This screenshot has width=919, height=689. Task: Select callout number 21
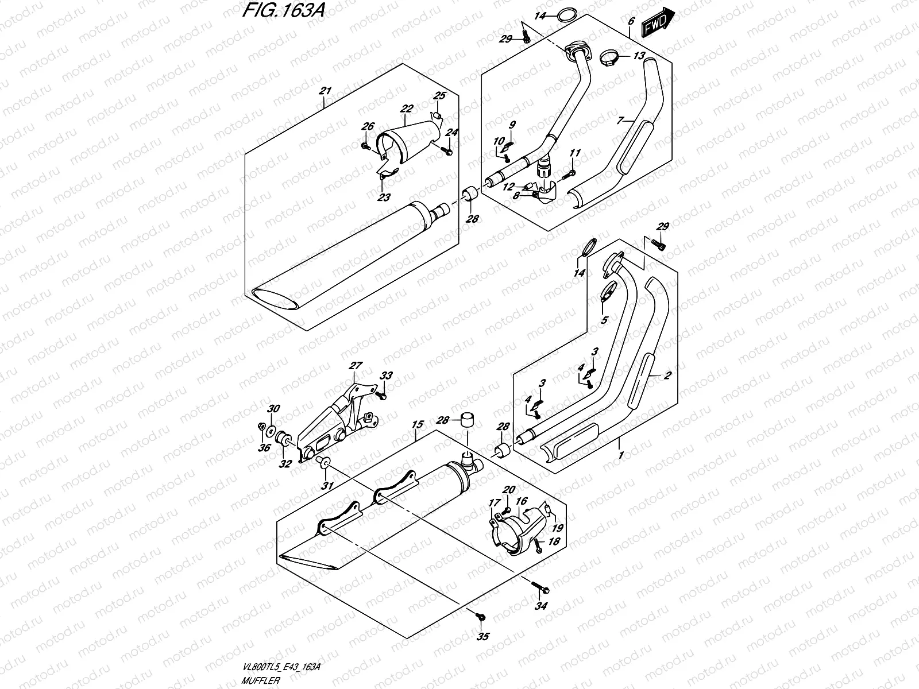(x=325, y=91)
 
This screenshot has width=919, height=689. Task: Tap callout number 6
(x=631, y=21)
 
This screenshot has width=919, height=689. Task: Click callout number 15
(x=418, y=424)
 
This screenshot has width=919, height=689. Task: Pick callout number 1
(x=620, y=455)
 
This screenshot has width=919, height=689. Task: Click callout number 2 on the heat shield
(x=667, y=376)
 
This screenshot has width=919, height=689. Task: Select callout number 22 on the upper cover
(x=407, y=109)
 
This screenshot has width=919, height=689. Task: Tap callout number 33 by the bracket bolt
(x=387, y=376)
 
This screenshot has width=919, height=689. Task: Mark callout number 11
(x=575, y=153)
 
